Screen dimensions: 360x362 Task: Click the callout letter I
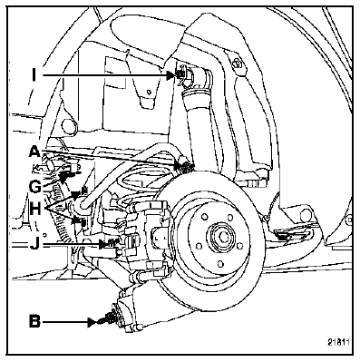[34, 75]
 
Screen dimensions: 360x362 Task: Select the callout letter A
[34, 151]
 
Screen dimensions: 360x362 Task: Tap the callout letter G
[34, 187]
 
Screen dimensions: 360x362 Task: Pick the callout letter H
[35, 209]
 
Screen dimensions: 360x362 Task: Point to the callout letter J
[34, 244]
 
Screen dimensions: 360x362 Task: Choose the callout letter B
[34, 321]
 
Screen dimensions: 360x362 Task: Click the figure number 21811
[338, 342]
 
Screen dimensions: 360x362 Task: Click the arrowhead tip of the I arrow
[176, 75]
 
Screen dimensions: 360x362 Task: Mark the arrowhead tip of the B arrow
[99, 322]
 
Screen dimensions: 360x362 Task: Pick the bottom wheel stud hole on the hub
[220, 263]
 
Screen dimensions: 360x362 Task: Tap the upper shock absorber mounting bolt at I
[180, 74]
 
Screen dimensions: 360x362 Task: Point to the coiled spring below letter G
[62, 215]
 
